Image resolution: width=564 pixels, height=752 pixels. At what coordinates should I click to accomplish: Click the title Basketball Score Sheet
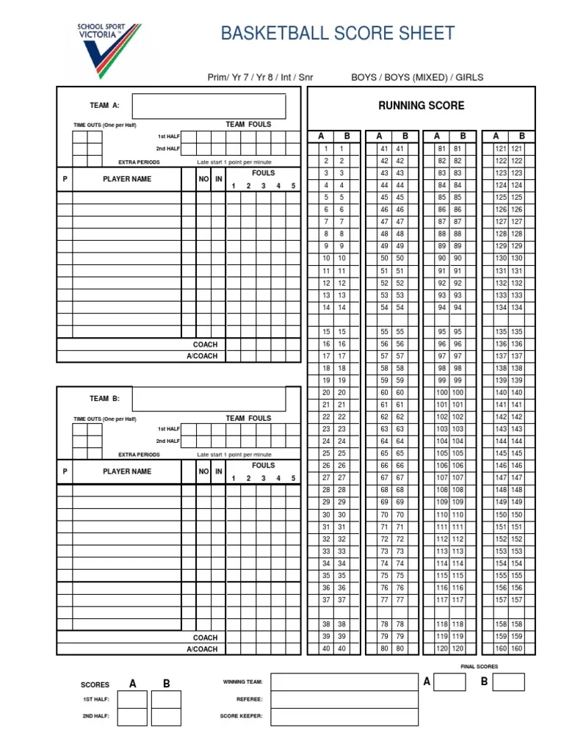338,33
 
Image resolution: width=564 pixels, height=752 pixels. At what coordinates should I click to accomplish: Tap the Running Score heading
421,106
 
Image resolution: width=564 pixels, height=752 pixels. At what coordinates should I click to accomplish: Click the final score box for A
449,681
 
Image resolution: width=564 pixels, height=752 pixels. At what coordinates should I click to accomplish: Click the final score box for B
508,681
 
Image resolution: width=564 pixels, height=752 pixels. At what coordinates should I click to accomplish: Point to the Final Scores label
479,666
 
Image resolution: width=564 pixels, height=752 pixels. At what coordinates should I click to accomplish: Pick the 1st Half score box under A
132,699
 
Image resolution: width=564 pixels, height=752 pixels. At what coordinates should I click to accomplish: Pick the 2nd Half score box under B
166,716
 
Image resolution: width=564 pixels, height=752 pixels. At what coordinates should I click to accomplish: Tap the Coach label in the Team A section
205,344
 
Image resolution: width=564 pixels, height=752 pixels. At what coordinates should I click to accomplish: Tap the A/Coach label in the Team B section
202,649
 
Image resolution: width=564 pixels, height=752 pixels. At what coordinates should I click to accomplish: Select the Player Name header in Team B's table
127,471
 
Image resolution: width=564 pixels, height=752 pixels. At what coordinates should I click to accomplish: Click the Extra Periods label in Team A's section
139,162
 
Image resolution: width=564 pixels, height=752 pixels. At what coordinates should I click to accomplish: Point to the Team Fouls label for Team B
248,418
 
